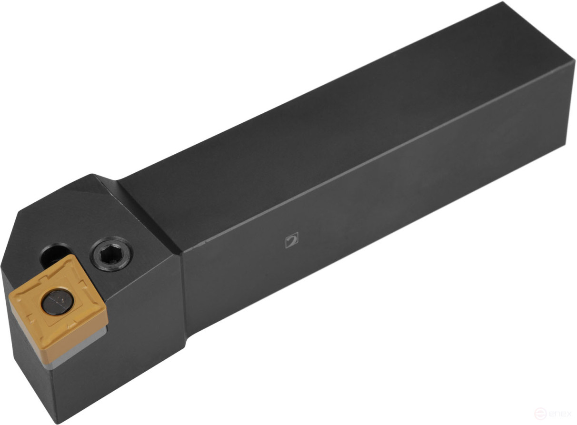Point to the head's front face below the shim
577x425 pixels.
(29, 376)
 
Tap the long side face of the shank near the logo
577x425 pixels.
(357, 228)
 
